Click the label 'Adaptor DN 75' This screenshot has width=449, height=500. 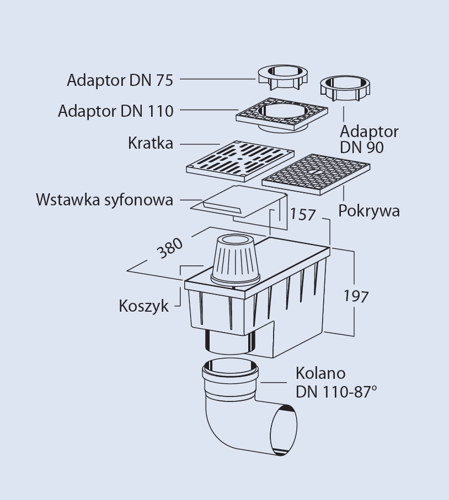(x=120, y=80)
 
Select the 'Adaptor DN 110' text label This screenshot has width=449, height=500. (x=115, y=111)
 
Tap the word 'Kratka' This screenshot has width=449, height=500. (x=150, y=143)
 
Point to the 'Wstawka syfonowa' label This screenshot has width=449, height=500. (x=104, y=199)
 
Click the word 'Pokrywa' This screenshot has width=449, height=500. (x=368, y=211)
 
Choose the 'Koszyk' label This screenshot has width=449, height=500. (x=143, y=306)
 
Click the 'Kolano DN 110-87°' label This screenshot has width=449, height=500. (x=336, y=382)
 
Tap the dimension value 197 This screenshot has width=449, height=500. (x=356, y=296)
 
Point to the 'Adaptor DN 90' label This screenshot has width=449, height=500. (x=368, y=139)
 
